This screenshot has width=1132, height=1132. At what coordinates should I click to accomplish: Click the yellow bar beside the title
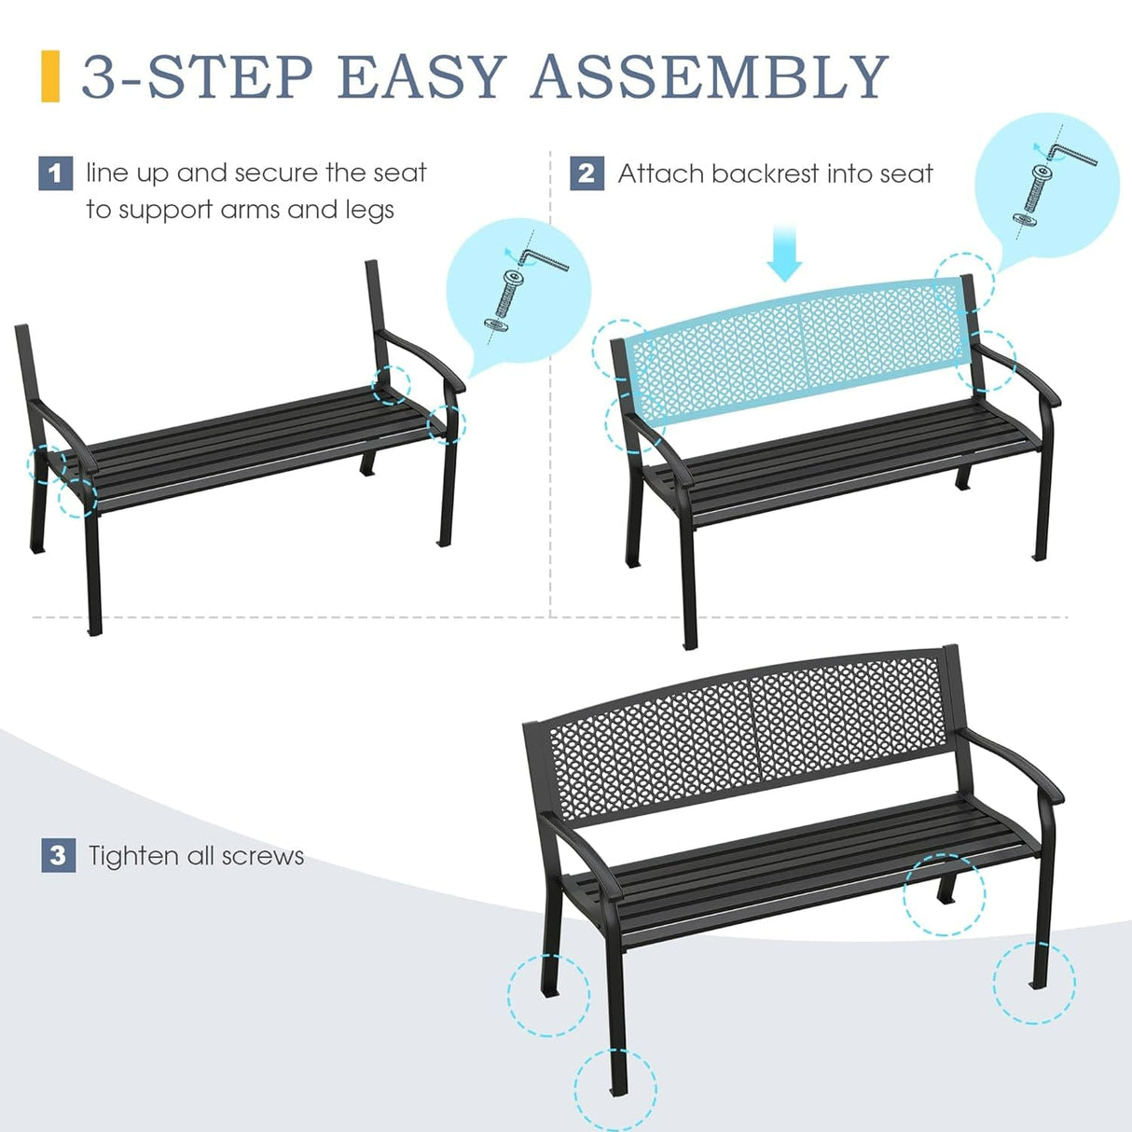pos(50,76)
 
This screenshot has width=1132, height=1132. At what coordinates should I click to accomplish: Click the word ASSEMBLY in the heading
pos(709,76)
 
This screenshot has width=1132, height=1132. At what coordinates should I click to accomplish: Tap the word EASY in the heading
pos(421,76)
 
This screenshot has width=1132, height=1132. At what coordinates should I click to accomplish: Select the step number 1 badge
pos(55,173)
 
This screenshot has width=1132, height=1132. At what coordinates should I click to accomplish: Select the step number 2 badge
pos(587,173)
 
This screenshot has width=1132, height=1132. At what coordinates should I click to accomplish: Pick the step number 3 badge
pos(58,855)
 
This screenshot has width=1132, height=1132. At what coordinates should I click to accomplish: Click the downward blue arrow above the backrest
pos(784,256)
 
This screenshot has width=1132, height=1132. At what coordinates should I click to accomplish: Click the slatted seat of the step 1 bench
pos(242,443)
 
